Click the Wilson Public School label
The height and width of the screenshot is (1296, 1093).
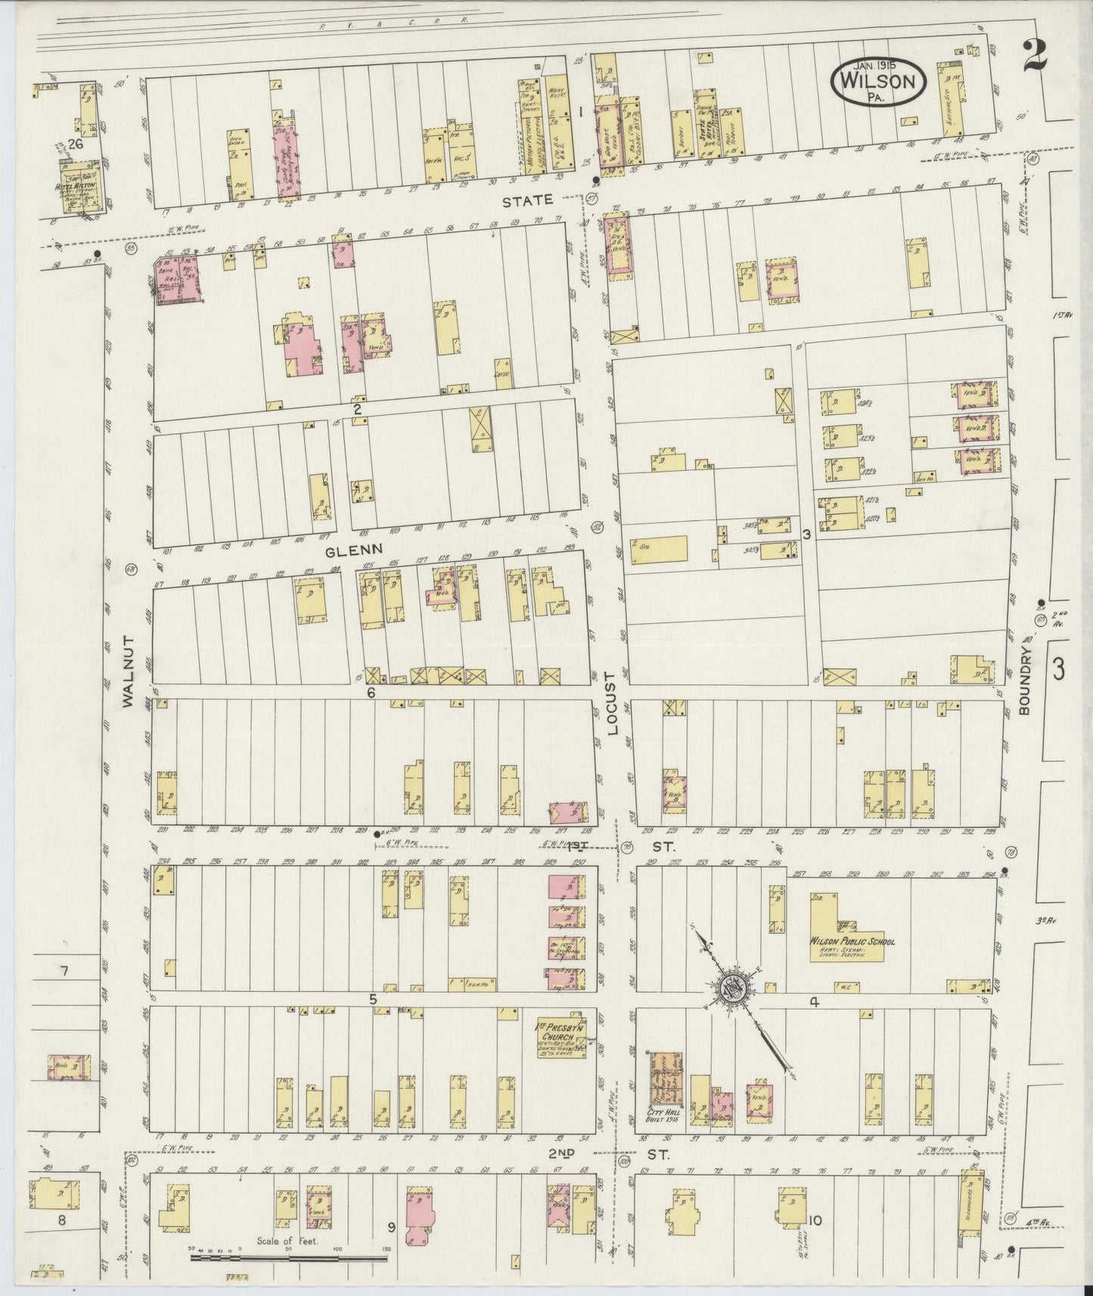[852, 941]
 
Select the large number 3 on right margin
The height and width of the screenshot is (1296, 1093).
[1058, 668]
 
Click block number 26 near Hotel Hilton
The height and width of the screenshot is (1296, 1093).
[74, 143]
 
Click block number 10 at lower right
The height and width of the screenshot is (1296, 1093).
[815, 1221]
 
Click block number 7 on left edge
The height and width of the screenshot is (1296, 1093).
[65, 970]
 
